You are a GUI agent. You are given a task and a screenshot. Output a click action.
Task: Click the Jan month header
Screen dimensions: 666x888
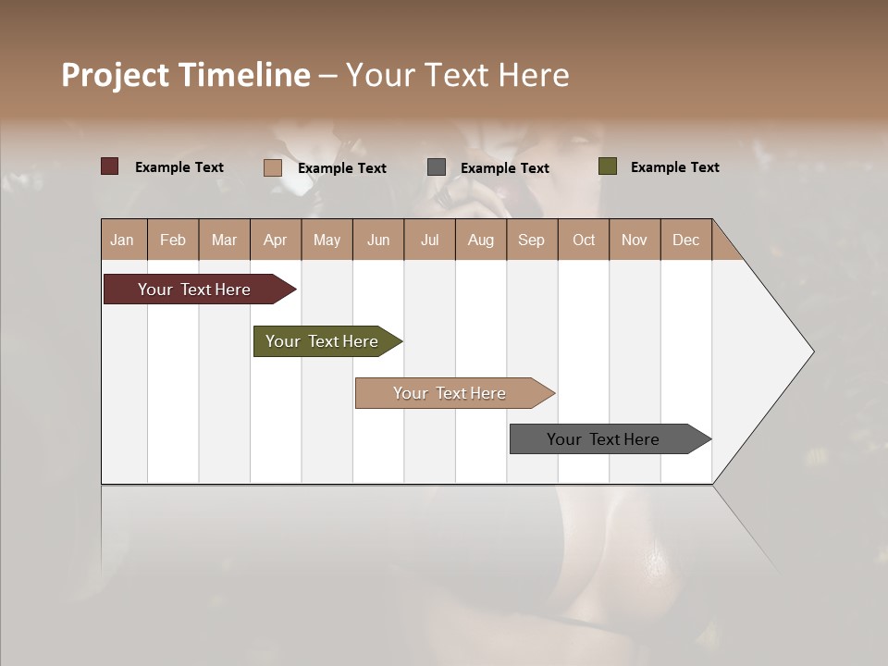pyautogui.click(x=122, y=240)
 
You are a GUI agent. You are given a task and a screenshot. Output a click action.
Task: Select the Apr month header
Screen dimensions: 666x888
pyautogui.click(x=275, y=240)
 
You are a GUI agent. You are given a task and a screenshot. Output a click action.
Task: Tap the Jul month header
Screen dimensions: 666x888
pyautogui.click(x=429, y=240)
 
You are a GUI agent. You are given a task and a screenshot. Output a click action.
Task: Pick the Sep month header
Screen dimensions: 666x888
pyautogui.click(x=531, y=240)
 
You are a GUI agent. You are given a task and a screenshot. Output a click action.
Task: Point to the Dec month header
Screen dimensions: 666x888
pyautogui.click(x=685, y=240)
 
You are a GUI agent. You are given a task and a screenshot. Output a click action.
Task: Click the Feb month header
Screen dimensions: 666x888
pyautogui.click(x=173, y=240)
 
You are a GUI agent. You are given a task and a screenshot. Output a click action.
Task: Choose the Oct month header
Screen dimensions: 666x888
pyautogui.click(x=584, y=240)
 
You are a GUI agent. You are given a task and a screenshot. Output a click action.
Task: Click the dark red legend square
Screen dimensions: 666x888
pyautogui.click(x=109, y=166)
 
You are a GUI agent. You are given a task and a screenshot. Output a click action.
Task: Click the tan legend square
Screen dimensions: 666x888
pyautogui.click(x=272, y=167)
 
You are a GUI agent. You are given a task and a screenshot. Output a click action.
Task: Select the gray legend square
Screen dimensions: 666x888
pyautogui.click(x=437, y=167)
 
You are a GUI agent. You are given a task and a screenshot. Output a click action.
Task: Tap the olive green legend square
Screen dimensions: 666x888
pyautogui.click(x=607, y=166)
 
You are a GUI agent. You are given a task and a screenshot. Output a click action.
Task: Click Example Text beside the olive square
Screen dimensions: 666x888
pyautogui.click(x=674, y=167)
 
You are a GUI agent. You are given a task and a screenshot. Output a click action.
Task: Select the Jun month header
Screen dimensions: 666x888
pyautogui.click(x=378, y=240)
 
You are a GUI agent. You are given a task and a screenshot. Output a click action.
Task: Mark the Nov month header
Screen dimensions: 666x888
pyautogui.click(x=635, y=240)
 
